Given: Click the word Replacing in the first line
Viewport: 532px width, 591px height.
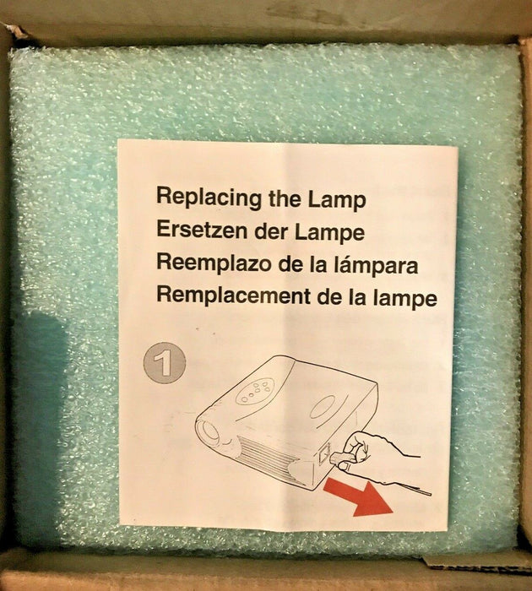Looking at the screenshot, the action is click(209, 198).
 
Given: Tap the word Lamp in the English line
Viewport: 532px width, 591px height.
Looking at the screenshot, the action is click(337, 199).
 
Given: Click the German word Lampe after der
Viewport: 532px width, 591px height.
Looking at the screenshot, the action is click(329, 232).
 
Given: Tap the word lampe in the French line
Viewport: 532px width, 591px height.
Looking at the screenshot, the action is click(405, 299).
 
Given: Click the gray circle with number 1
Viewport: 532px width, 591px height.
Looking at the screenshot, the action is click(165, 363).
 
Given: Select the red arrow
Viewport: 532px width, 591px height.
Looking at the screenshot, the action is click(358, 496).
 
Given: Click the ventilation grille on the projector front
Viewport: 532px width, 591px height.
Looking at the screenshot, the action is click(269, 457).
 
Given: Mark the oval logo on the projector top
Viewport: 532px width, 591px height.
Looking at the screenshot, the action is click(323, 406).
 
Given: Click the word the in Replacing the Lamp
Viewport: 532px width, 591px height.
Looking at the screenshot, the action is click(285, 198).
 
